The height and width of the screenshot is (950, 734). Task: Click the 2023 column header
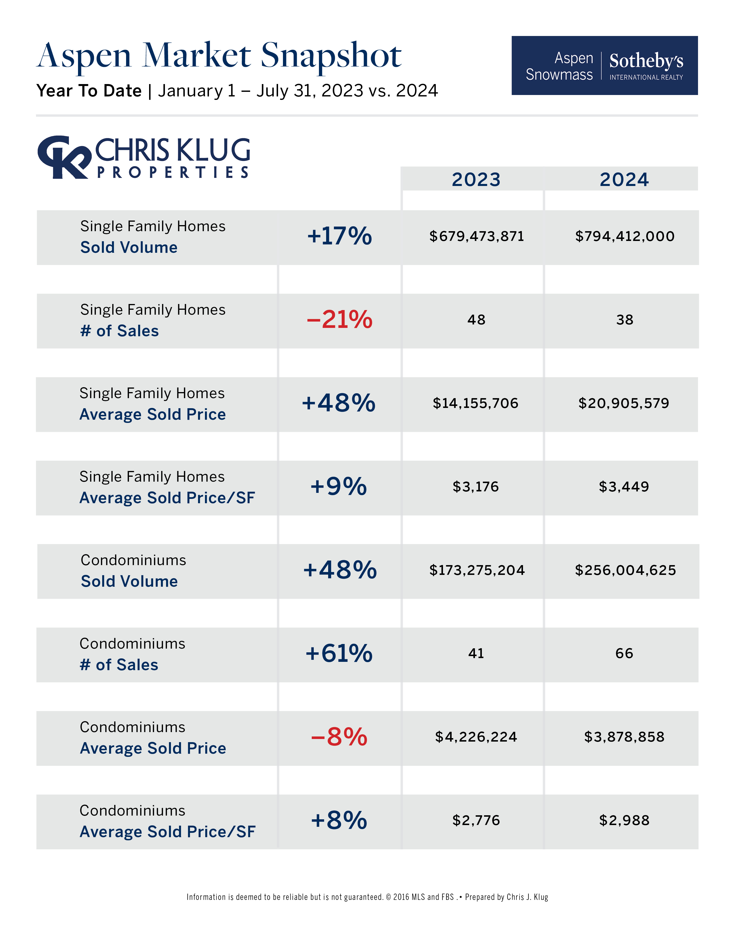click(476, 179)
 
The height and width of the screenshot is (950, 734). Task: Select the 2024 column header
click(624, 179)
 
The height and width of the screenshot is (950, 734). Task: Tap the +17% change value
click(339, 236)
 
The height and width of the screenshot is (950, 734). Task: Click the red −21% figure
click(339, 320)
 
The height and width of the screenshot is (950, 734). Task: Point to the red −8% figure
click(339, 737)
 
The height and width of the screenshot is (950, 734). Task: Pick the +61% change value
click(339, 653)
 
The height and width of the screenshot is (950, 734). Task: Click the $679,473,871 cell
click(477, 236)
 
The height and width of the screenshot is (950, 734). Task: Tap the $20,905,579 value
click(623, 403)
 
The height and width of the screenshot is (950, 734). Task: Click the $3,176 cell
click(476, 487)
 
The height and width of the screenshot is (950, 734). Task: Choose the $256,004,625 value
click(625, 570)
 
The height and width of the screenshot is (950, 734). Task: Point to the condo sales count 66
click(624, 653)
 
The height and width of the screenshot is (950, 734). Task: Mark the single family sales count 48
click(476, 320)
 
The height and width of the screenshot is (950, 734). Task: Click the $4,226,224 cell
click(476, 737)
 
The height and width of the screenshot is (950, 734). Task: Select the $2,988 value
click(624, 820)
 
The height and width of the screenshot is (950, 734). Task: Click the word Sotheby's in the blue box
click(646, 61)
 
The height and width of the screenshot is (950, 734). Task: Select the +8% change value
click(339, 820)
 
